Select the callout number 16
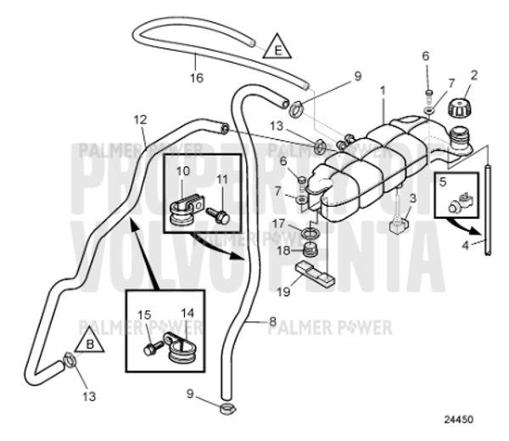coord(197,77)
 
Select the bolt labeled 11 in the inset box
coord(219,216)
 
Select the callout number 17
coord(279,223)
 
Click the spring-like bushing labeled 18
coord(310,249)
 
